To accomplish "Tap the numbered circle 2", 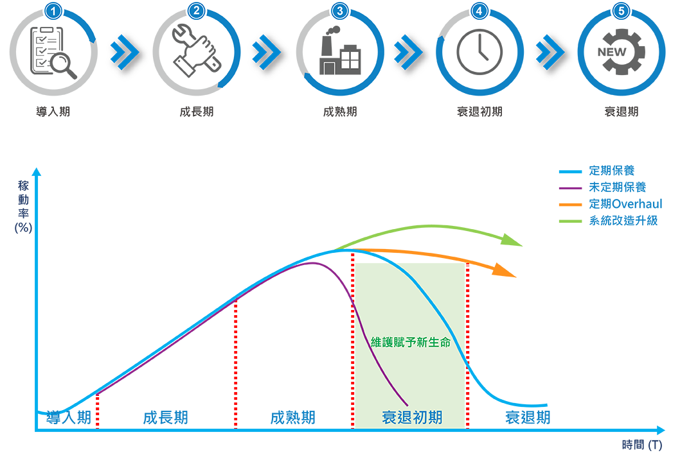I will (x=197, y=10).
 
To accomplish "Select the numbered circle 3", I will (x=339, y=10).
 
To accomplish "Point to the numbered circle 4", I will (x=478, y=10).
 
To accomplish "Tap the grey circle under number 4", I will (x=479, y=54).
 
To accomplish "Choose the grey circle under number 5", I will (x=622, y=54).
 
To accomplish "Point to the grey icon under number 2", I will (x=195, y=55).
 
